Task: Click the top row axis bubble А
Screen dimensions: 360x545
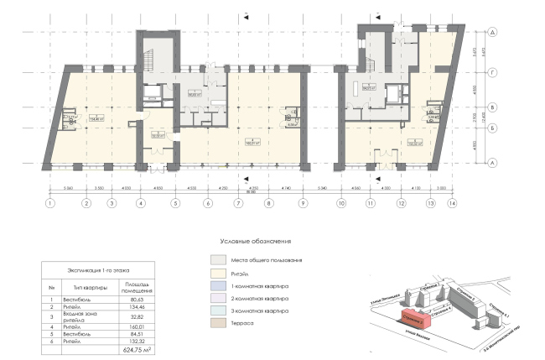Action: pyautogui.click(x=495, y=31)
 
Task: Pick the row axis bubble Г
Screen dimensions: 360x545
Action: pyautogui.click(x=495, y=74)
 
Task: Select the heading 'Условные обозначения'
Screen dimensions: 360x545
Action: pyautogui.click(x=252, y=241)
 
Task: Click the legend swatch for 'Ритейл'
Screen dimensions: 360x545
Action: pyautogui.click(x=218, y=273)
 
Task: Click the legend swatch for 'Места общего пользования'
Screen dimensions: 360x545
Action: pyautogui.click(x=218, y=260)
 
